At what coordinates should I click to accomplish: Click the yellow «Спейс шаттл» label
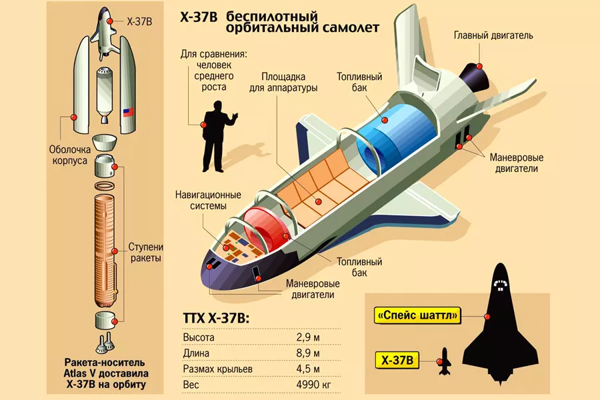tap(417, 315)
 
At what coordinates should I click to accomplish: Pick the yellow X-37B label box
tap(397, 361)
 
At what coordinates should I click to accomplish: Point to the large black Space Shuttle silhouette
tap(500, 323)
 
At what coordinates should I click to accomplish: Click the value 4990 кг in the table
tap(313, 384)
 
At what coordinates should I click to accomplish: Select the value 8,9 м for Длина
tap(307, 353)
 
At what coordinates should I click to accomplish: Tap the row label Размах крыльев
tap(218, 369)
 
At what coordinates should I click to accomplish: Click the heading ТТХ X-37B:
tap(216, 318)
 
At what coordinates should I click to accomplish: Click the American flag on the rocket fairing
tap(128, 113)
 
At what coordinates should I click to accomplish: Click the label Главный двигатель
tap(493, 35)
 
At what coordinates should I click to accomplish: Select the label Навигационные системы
tap(208, 200)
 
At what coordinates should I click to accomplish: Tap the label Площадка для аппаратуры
tap(283, 82)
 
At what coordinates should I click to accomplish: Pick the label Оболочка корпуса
tap(69, 155)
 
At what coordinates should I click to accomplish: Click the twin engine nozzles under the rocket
tap(105, 343)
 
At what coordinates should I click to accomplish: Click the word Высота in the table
tap(199, 337)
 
